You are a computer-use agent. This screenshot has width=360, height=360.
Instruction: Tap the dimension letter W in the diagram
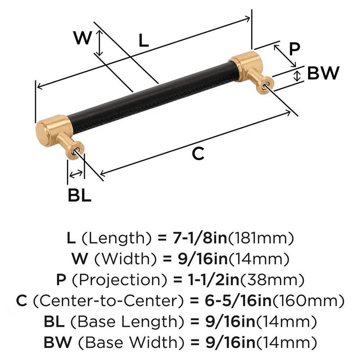pos(83,38)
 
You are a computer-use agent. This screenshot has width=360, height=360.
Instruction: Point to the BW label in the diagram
pos(323,73)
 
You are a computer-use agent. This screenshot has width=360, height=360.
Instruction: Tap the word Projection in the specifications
pos(119,279)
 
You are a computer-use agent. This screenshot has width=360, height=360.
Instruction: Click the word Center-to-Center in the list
pos(106,300)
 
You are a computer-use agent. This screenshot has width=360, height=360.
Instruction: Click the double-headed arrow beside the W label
pos(99,42)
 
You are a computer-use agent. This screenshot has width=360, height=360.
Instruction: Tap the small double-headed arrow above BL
pos(76,175)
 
